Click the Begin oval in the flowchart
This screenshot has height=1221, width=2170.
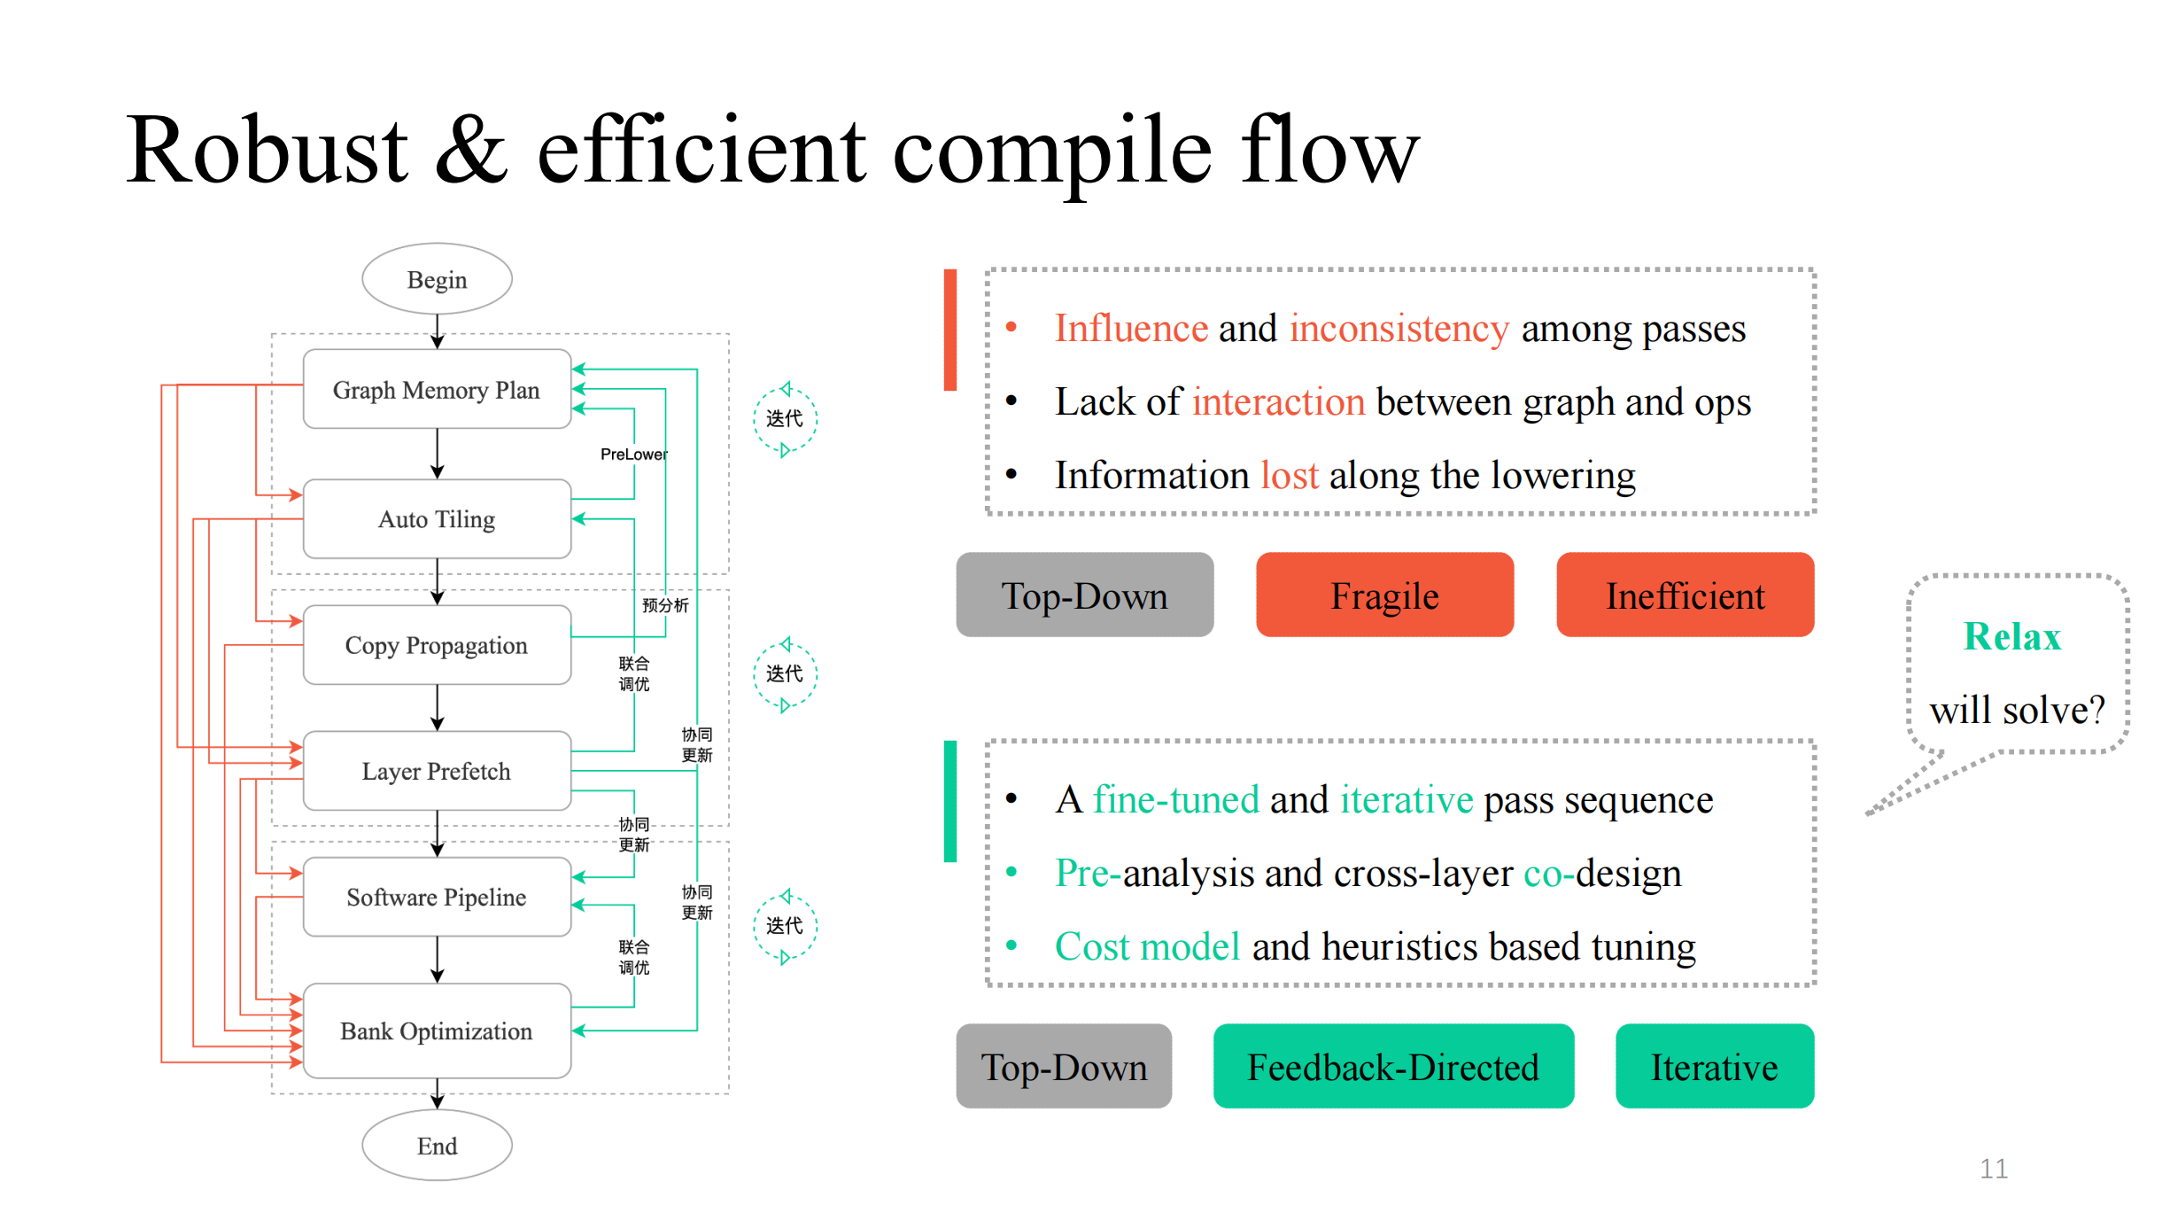tap(437, 279)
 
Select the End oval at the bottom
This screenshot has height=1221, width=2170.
tap(437, 1145)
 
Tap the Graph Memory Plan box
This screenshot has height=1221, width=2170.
tap(437, 389)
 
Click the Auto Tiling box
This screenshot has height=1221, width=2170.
tap(437, 519)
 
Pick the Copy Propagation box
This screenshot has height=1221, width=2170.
tap(437, 645)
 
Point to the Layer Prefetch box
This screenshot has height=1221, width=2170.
tap(437, 771)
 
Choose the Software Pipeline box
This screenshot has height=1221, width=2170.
tap(437, 897)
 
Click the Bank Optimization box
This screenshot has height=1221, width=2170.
tap(437, 1030)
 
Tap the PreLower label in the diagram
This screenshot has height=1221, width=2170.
tap(634, 455)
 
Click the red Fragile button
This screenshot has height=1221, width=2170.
tap(1385, 595)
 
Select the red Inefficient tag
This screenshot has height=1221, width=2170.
tap(1686, 595)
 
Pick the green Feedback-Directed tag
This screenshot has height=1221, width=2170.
tap(1393, 1066)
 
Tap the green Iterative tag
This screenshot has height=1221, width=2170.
tap(1715, 1066)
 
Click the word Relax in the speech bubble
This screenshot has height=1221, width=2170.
tap(2012, 636)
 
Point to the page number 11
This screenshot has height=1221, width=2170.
tap(1994, 1169)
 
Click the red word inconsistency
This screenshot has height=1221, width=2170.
tap(1399, 329)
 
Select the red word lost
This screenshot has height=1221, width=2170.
tap(1290, 475)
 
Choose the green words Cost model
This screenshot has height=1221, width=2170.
tap(1147, 946)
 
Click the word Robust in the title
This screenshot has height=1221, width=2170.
tap(267, 151)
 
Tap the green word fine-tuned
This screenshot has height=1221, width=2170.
tap(1175, 799)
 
